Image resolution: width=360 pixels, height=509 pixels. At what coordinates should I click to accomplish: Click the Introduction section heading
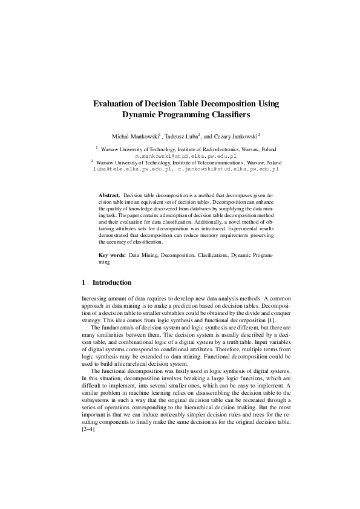point(111,282)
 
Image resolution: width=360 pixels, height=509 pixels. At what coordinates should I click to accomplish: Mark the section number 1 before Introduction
point(83,282)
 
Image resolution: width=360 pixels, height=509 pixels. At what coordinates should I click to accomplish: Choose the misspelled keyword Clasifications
point(211,256)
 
